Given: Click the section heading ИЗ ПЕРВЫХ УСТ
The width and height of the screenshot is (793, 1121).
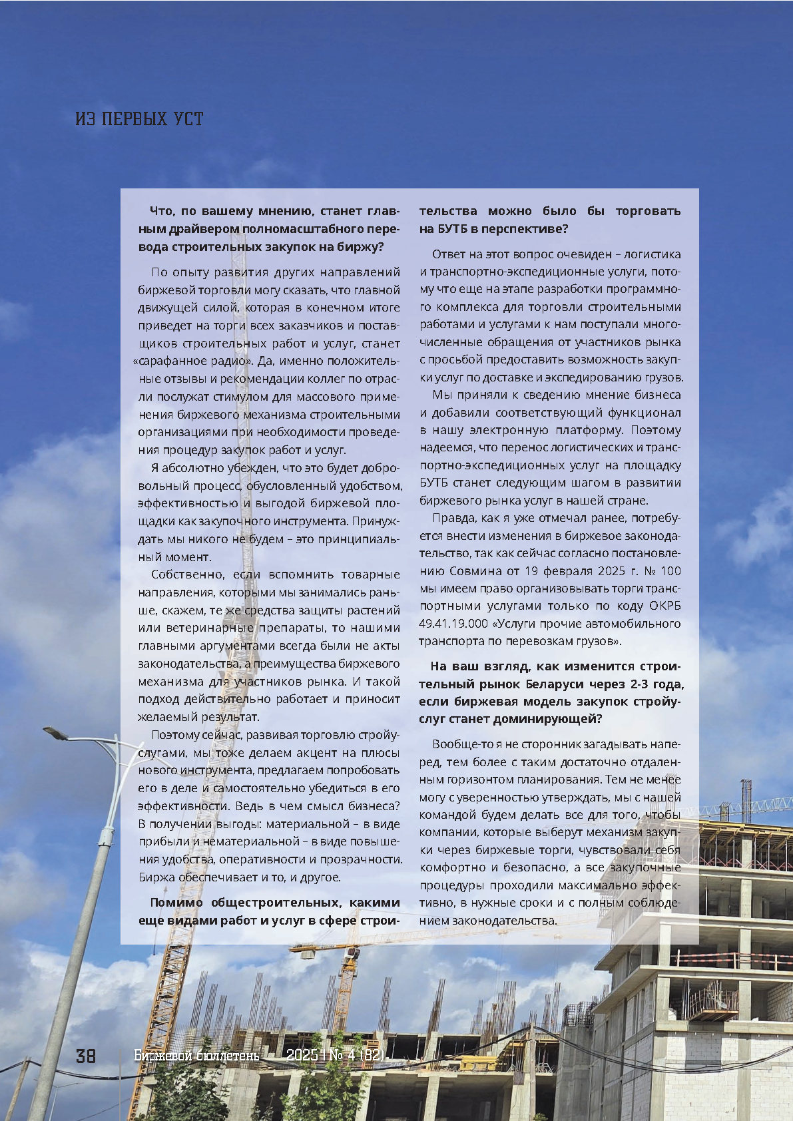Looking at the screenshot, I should point(139,119).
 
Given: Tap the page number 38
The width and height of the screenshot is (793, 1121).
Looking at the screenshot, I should point(86,1056).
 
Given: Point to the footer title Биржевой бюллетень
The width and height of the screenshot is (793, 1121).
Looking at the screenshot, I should point(196,1056).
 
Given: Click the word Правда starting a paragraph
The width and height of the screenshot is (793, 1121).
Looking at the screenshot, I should point(452,518).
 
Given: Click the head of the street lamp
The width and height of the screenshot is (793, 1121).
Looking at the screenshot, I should point(57,734).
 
